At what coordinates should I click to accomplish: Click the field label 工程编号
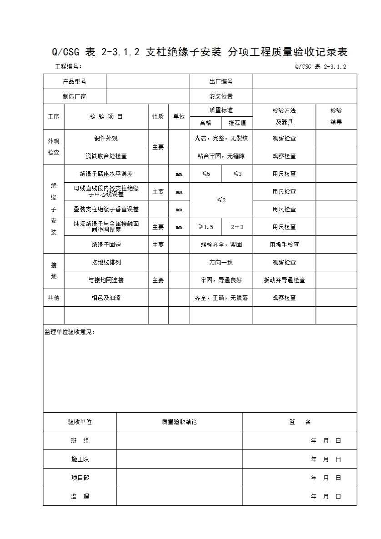tap(68, 66)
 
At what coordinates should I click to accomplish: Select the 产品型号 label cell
tap(75, 82)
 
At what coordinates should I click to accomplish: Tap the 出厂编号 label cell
tap(221, 82)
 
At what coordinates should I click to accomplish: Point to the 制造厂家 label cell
tap(75, 96)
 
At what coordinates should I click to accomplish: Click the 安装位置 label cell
tap(221, 96)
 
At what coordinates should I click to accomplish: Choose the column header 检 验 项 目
tap(106, 116)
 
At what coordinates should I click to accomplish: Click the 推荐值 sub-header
tap(237, 123)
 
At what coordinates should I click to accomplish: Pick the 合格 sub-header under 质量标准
tap(206, 123)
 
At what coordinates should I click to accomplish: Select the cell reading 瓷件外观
tap(106, 138)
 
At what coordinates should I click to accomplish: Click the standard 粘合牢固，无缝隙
tap(221, 156)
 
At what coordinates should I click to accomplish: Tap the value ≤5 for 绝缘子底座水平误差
tap(206, 174)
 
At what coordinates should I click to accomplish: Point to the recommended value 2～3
tap(237, 227)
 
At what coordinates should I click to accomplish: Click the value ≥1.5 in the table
tap(206, 227)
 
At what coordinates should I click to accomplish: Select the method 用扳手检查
tap(284, 245)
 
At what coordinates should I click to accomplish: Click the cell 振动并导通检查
tap(284, 280)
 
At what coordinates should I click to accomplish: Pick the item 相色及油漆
tap(106, 298)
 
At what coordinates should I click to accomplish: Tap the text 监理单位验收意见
tap(70, 332)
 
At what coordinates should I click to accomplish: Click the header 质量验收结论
tap(179, 422)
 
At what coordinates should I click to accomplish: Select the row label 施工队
tap(80, 459)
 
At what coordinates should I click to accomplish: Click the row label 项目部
tap(80, 478)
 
